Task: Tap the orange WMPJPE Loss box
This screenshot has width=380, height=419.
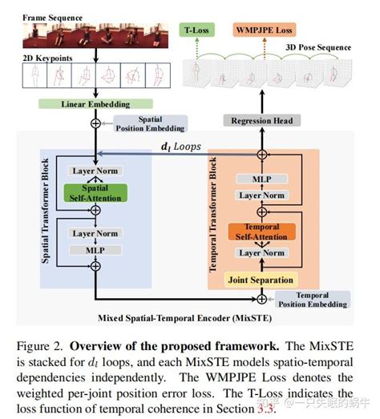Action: coord(265,30)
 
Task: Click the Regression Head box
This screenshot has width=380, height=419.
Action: coord(261,120)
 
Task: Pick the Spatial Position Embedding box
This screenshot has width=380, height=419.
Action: coord(151,123)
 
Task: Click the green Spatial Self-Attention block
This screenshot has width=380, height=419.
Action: coord(95,192)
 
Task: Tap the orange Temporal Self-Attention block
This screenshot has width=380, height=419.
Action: coord(261,232)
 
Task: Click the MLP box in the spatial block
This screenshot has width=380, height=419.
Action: coord(95,249)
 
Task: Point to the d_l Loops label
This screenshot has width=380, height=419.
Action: coord(181,146)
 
